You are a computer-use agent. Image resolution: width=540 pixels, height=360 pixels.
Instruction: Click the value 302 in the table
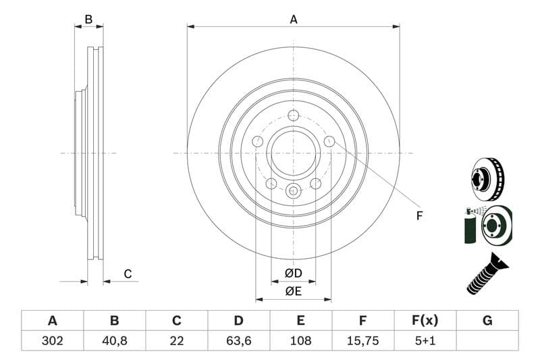52,340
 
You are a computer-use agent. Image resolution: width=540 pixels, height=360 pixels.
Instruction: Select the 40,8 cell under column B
114,340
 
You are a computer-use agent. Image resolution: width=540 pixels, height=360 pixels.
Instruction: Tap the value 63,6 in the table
239,340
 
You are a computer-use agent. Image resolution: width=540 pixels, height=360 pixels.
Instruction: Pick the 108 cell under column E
301,340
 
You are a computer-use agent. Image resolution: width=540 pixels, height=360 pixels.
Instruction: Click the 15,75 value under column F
363,340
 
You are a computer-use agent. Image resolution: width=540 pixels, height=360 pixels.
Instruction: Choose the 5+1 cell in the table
425,340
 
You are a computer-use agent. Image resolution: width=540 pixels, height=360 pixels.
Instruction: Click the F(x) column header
425,321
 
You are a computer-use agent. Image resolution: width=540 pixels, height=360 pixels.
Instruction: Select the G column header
487,321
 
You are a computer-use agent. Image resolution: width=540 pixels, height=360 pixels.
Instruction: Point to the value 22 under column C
177,340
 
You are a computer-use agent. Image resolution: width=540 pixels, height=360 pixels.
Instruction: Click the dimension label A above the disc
294,20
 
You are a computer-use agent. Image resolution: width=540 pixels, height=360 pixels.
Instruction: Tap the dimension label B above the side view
88,20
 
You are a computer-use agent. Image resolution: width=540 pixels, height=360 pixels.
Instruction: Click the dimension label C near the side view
127,274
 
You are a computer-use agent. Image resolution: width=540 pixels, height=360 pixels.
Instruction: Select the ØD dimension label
293,274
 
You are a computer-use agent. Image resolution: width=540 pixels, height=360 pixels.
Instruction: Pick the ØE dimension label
293,292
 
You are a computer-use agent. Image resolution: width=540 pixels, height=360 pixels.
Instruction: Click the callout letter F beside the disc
419,215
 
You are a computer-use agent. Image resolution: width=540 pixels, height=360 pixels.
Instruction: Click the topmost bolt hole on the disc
293,115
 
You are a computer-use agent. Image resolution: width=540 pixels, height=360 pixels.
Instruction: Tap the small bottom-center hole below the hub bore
293,190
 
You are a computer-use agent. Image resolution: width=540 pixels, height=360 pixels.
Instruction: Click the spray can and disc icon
487,225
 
